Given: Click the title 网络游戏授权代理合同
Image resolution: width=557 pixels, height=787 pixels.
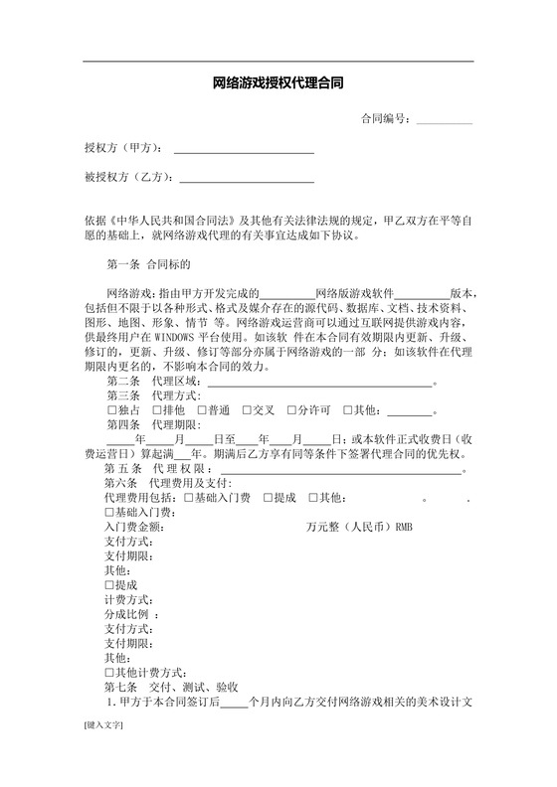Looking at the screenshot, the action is coord(278,84).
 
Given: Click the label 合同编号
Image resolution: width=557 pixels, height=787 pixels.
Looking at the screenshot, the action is coord(386,118).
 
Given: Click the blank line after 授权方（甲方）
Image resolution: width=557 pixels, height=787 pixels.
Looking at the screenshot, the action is coord(244,151).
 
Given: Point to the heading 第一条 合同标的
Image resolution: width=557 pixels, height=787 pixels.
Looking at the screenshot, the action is coord(140,265).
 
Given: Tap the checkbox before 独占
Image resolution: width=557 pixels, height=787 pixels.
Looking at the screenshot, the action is coord(111,409).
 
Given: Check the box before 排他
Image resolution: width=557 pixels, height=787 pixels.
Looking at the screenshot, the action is coord(157,409).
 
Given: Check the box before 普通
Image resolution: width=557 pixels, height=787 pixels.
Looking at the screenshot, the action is coord(202,409).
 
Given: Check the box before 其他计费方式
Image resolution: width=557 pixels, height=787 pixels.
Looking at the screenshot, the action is coord(109,673).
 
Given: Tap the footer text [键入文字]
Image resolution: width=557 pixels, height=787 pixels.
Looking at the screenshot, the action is coord(103,754).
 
